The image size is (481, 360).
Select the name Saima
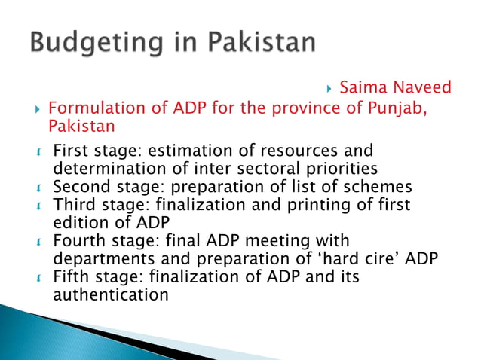point(361,88)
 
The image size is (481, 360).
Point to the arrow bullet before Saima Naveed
point(330,89)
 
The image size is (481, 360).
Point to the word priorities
point(335,168)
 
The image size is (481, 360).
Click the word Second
point(79,187)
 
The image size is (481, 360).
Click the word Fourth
point(78,241)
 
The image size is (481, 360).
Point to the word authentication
point(111,295)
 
